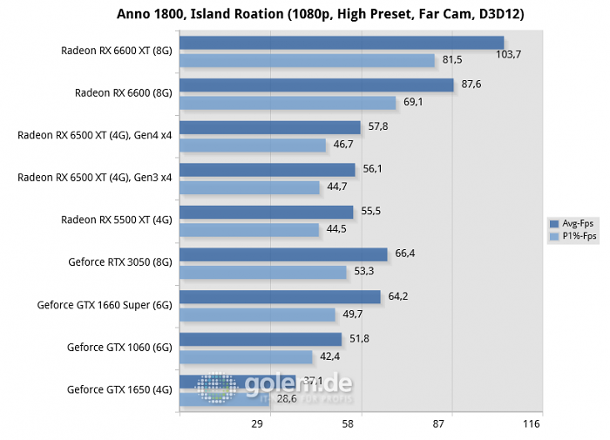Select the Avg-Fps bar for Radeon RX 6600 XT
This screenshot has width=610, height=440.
point(342,43)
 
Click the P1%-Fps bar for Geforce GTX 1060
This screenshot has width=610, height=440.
point(246,356)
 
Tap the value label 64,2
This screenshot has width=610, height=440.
point(398,296)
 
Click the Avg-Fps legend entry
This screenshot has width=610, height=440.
point(573,224)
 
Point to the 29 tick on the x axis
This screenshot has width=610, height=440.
point(257,424)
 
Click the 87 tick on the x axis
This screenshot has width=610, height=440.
point(438,424)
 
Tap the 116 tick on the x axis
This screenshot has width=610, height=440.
point(531,424)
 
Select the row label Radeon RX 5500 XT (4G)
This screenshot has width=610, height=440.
point(117,220)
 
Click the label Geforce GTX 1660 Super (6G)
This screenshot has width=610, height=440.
point(105,305)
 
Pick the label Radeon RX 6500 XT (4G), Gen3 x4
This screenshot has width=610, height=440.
point(95,178)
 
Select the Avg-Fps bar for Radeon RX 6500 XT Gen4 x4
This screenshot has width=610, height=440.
point(269,127)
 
